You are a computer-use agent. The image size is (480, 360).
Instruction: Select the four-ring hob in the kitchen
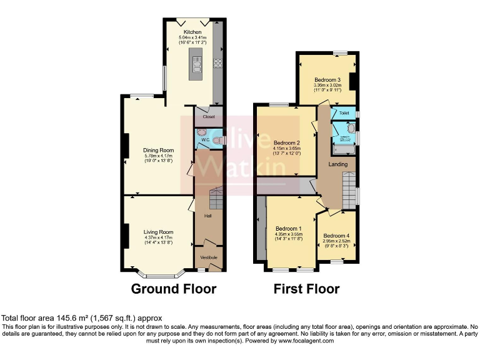coord(219,62)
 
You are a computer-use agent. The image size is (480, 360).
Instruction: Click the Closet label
coord(209,117)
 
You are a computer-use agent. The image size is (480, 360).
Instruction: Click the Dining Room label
coord(158,151)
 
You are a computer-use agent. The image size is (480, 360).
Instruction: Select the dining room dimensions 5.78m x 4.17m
coord(158,157)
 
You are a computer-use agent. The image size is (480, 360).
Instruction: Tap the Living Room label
coord(158,232)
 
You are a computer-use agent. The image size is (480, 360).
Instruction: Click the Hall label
coord(207,216)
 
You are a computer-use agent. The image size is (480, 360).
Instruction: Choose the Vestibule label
coord(208,257)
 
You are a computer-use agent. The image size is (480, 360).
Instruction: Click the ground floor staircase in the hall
coord(216,199)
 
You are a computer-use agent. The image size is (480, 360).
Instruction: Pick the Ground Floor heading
coord(173,289)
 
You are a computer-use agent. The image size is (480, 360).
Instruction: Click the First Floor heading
coord(306,289)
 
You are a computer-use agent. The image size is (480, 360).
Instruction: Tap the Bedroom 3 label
coord(327,80)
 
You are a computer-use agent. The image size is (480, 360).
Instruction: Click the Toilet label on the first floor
coord(343,113)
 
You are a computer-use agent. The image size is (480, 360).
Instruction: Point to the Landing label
coord(338,164)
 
